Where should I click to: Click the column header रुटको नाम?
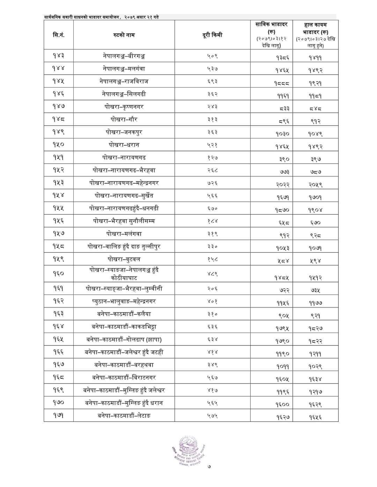click(124, 35)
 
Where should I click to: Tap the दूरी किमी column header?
click(212, 35)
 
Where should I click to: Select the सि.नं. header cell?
click(58, 35)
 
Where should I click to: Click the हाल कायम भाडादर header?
click(316, 35)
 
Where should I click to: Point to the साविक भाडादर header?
click(271, 35)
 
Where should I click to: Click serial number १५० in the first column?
click(58, 145)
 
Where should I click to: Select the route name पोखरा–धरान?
click(124, 145)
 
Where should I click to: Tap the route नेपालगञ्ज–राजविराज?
click(124, 81)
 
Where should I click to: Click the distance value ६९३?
click(212, 81)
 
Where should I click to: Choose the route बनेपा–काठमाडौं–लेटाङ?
click(124, 416)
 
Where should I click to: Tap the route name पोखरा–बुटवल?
click(124, 259)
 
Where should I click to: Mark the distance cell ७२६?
click(212, 183)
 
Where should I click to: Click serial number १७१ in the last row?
click(58, 416)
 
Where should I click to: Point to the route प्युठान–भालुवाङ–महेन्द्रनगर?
click(124, 301)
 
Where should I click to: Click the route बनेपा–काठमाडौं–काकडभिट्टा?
click(124, 327)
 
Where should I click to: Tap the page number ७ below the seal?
click(209, 476)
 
